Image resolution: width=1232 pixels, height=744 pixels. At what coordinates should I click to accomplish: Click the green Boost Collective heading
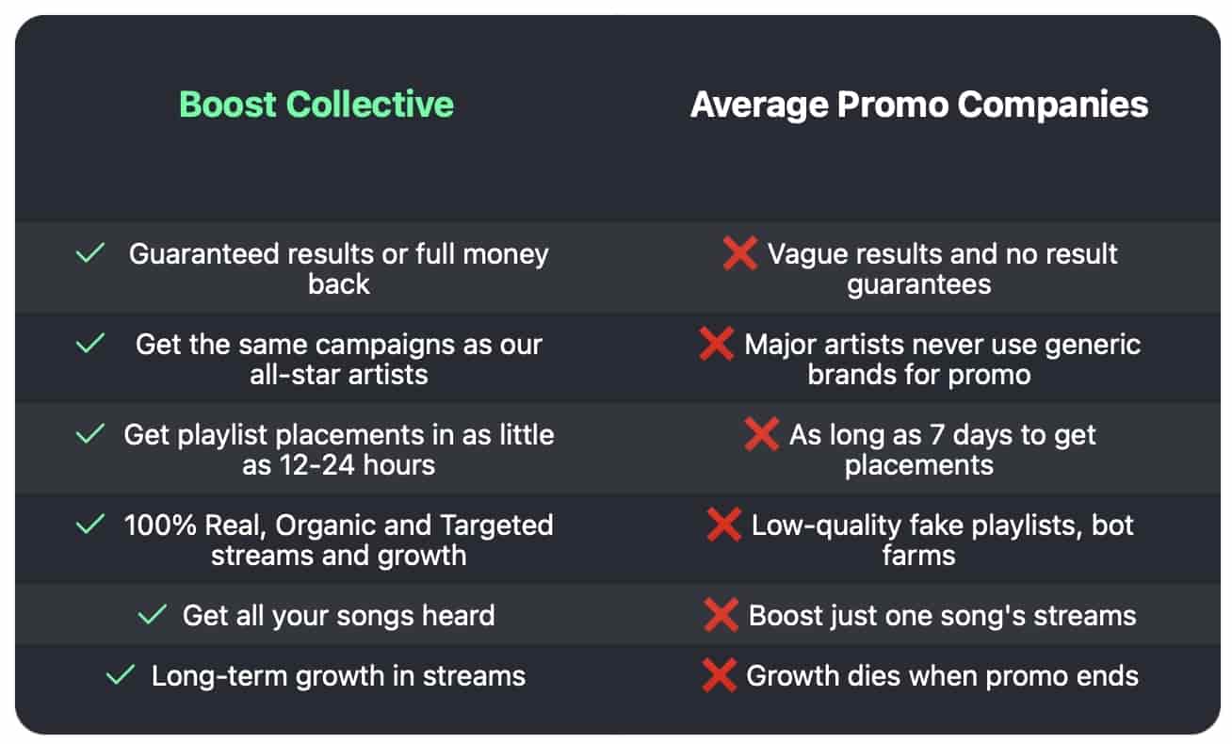316,105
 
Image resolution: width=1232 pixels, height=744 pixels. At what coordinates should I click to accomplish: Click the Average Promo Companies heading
919,105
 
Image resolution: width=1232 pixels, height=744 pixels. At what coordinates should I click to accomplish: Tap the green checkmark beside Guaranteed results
90,253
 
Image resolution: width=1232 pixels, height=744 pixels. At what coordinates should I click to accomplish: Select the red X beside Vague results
739,253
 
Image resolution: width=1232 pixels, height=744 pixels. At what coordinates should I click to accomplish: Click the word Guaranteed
204,254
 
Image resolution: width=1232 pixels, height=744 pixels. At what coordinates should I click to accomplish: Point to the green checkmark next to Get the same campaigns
90,343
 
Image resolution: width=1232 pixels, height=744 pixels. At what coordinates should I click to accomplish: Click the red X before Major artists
716,344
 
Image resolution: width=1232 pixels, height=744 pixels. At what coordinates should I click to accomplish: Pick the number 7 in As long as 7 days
937,435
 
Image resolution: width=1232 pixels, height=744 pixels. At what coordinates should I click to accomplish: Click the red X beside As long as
762,434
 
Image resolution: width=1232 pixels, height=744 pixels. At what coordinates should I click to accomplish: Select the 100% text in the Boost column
160,526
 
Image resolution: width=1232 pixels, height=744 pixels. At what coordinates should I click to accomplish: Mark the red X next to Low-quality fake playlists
723,525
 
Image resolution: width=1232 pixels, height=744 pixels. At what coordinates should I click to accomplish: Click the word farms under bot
919,556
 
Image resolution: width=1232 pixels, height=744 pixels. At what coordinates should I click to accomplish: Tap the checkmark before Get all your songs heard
153,615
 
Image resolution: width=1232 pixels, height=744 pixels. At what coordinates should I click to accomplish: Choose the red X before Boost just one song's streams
721,615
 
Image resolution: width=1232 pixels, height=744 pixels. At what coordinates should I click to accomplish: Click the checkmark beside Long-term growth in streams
121,674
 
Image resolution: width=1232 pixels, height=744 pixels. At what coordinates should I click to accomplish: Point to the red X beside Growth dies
719,675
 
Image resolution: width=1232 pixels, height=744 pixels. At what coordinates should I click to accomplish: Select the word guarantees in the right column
919,285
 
